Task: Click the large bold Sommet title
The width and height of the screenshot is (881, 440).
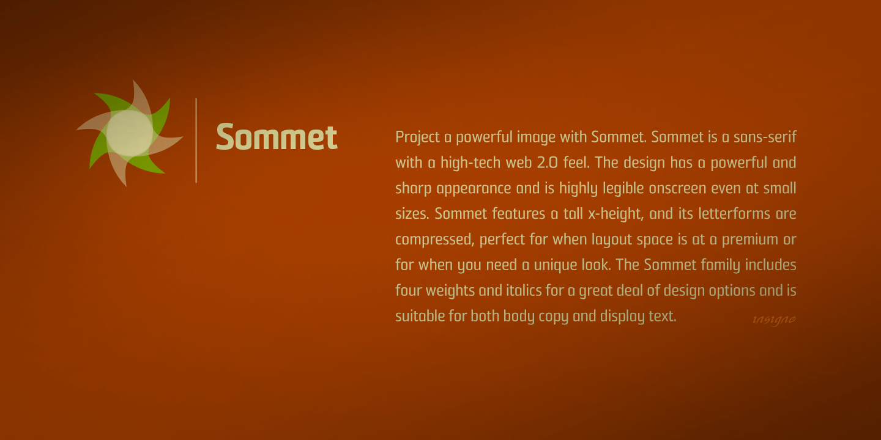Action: pos(277,137)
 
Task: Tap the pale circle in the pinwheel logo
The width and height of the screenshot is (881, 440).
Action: pos(130,133)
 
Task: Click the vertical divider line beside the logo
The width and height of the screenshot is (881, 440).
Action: pos(196,140)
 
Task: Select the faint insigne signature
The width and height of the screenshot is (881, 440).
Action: pos(774,319)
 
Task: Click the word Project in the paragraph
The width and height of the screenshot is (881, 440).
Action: pos(417,137)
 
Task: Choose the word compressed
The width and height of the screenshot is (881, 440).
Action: pos(434,240)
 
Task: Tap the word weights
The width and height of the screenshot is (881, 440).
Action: pos(450,291)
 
